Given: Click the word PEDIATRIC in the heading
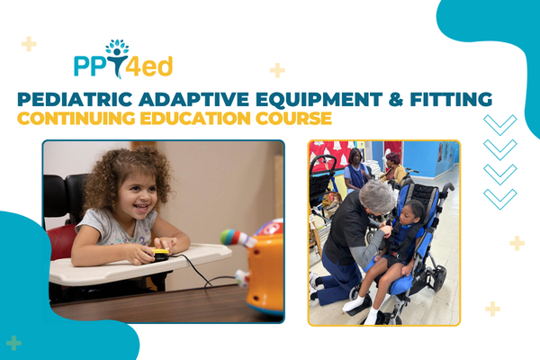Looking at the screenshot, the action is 75,99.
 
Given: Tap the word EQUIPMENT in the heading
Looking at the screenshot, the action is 319,99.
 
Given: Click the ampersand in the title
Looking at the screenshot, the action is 396,99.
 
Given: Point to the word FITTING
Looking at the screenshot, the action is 451,99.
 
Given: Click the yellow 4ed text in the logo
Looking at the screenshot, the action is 148,67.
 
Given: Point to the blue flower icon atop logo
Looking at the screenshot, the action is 117,46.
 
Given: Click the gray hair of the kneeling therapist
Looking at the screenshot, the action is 377,197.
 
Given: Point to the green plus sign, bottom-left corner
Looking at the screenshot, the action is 13,343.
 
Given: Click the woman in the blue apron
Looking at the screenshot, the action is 355,172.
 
